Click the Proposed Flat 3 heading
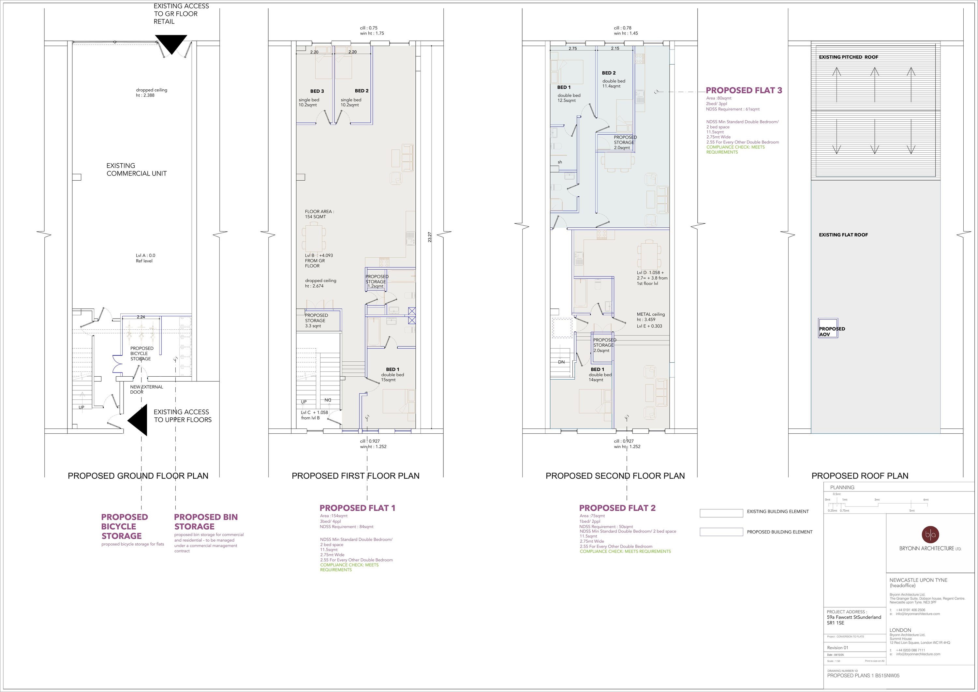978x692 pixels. pos(744,90)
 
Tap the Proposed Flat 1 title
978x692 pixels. pos(357,508)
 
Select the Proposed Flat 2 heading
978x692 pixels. pos(617,508)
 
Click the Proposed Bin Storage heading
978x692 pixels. pos(206,521)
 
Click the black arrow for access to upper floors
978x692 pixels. pos(139,420)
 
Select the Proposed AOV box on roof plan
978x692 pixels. pos(828,328)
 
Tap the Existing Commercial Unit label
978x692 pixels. pos(136,170)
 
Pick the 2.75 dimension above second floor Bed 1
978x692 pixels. pos(572,49)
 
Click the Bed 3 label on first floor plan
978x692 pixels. pos(317,91)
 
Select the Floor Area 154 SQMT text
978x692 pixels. pos(319,214)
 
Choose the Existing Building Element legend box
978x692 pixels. pos(721,514)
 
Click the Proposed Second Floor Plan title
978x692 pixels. pos(615,476)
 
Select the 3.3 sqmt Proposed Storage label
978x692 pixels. pos(316,321)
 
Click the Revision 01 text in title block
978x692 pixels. pos(837,648)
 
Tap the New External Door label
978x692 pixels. pos(146,389)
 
